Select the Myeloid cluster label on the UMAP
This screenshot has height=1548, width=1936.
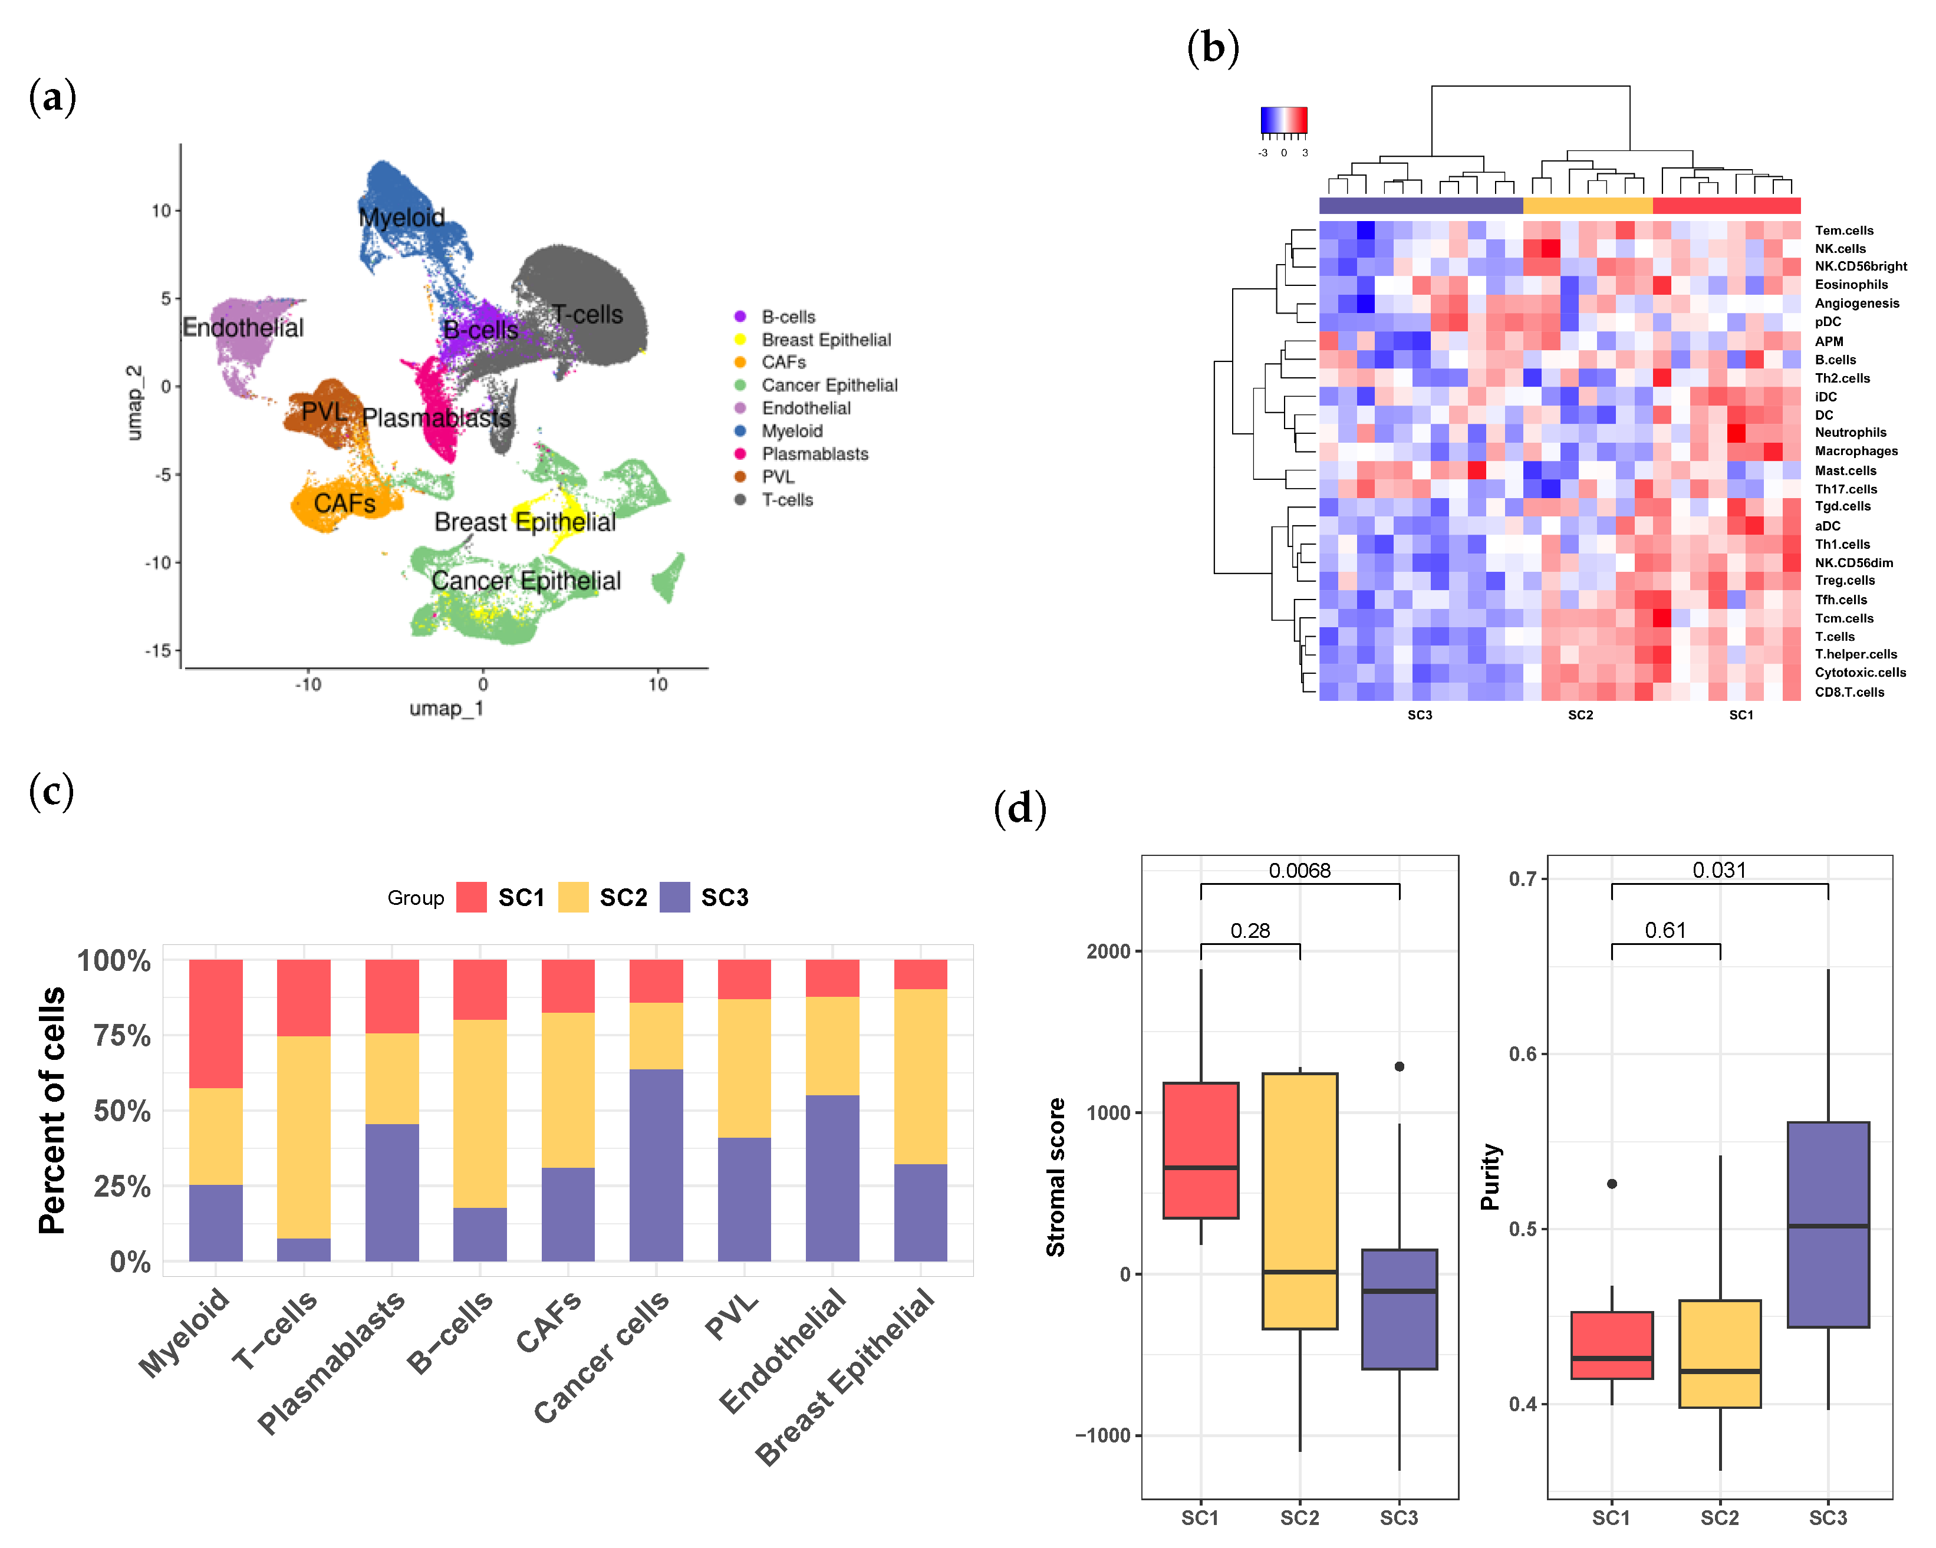[x=401, y=218]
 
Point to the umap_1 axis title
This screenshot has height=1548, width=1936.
[x=446, y=709]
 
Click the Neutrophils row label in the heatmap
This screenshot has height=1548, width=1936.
[x=1850, y=433]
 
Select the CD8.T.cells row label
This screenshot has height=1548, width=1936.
[x=1849, y=692]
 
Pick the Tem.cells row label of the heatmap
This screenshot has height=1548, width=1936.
[x=1843, y=230]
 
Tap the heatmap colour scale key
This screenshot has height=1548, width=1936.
[x=1283, y=120]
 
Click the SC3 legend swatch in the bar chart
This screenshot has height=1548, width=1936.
[x=674, y=897]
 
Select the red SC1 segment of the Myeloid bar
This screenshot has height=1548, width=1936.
[x=216, y=1023]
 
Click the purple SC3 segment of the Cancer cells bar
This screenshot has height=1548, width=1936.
[x=656, y=1165]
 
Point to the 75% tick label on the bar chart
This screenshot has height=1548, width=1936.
[x=122, y=1035]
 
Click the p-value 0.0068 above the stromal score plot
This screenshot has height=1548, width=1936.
[x=1299, y=870]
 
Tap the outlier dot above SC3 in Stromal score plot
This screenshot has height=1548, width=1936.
[x=1399, y=1067]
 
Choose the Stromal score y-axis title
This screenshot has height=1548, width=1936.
[x=1055, y=1176]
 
